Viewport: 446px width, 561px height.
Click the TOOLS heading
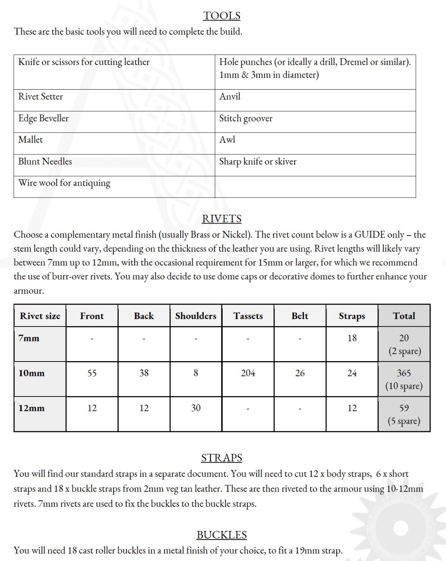[x=222, y=16]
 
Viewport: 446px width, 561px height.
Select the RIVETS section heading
[x=222, y=219]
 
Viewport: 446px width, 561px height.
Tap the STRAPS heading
[x=222, y=458]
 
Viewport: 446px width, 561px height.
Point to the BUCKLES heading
[x=222, y=535]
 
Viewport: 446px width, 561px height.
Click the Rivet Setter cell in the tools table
[x=40, y=97]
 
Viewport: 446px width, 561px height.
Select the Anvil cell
[x=230, y=97]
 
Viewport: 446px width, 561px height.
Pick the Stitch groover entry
[x=246, y=118]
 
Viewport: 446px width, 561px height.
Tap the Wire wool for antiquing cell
[x=64, y=183]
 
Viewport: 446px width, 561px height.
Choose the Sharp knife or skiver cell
[x=258, y=161]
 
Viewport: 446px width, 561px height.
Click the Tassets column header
[x=248, y=316]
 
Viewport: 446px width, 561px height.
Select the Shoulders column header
[x=196, y=316]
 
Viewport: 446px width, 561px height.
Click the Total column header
[x=404, y=316]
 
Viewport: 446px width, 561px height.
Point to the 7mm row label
[x=29, y=338]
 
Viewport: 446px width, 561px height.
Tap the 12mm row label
[x=32, y=408]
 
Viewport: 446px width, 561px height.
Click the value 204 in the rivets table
[x=248, y=373]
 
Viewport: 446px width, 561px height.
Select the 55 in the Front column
[x=92, y=373]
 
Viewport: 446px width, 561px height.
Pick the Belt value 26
[x=300, y=373]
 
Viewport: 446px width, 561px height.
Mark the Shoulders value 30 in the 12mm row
[x=196, y=408]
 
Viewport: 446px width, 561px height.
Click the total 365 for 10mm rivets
[x=404, y=373]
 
